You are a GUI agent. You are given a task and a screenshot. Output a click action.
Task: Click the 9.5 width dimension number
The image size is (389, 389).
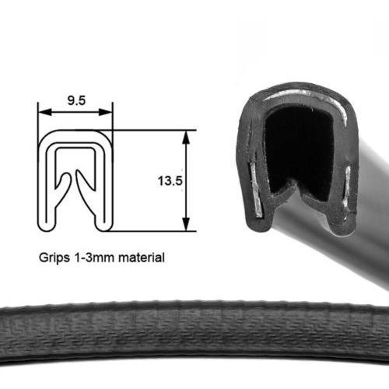coord(76,100)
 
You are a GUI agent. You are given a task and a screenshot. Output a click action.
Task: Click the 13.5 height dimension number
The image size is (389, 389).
coord(170,180)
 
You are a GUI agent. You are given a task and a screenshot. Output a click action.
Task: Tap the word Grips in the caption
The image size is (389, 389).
coord(54,258)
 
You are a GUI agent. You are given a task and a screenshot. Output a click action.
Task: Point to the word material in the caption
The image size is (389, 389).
coord(142,258)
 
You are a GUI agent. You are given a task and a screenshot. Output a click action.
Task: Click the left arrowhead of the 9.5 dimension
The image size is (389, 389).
coord(44,112)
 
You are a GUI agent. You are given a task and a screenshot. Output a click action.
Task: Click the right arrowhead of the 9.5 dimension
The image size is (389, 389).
coord(106,112)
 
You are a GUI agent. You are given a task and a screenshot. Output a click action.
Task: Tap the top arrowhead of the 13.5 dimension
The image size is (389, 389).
coord(186,137)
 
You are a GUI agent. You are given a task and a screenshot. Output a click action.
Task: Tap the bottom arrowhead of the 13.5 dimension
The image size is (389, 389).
coord(186,224)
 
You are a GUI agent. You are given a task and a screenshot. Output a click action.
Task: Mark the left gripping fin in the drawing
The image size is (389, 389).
coord(64,187)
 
